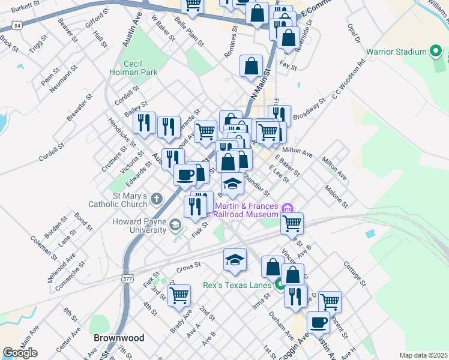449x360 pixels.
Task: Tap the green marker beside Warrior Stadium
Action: tap(436, 52)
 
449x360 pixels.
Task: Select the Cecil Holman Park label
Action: tap(133, 68)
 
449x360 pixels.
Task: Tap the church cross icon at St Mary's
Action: tap(156, 198)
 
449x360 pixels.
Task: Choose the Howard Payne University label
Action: tap(139, 226)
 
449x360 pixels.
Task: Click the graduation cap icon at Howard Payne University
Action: tap(175, 226)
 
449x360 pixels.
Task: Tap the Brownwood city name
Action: tap(119, 338)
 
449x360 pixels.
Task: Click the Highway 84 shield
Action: tap(16, 26)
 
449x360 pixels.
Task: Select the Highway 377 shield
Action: tap(127, 278)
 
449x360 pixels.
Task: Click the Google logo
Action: tap(20, 352)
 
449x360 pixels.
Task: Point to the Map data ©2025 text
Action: tap(423, 355)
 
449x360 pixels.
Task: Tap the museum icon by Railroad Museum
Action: tap(287, 208)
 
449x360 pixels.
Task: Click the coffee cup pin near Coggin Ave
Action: tap(319, 322)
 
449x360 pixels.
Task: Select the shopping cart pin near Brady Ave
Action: tap(179, 295)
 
